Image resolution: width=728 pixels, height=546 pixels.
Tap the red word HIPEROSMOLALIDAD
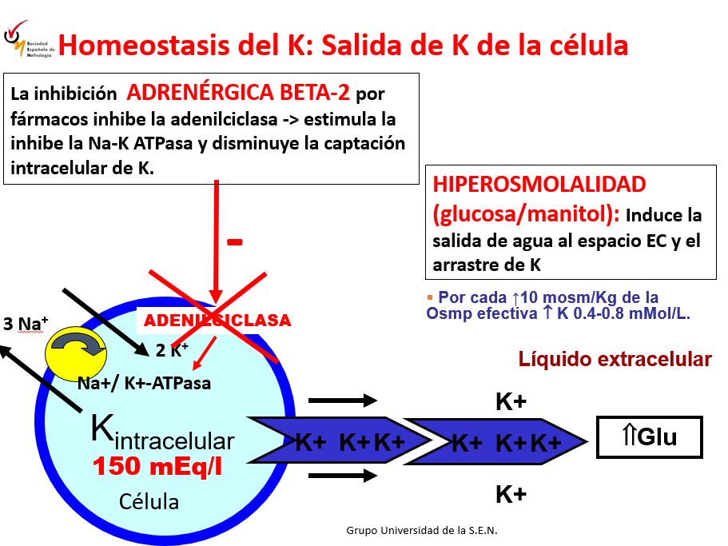click(x=539, y=185)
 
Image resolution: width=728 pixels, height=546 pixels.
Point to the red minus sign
click(x=234, y=242)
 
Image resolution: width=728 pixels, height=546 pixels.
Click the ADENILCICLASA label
click(x=217, y=321)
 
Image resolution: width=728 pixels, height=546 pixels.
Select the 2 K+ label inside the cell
click(x=172, y=349)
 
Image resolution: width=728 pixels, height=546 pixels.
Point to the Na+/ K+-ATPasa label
click(x=144, y=382)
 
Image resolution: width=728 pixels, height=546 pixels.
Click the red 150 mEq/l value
click(x=157, y=467)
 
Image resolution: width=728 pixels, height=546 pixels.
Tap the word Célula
click(x=149, y=502)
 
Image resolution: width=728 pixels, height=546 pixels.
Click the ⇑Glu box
click(x=649, y=437)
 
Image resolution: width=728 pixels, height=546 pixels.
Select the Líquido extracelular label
click(x=615, y=359)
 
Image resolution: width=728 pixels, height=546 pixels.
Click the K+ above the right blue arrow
click(x=511, y=402)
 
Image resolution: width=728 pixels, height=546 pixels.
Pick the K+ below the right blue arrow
click(x=511, y=495)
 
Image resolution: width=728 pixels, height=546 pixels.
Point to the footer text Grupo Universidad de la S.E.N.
click(x=423, y=530)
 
